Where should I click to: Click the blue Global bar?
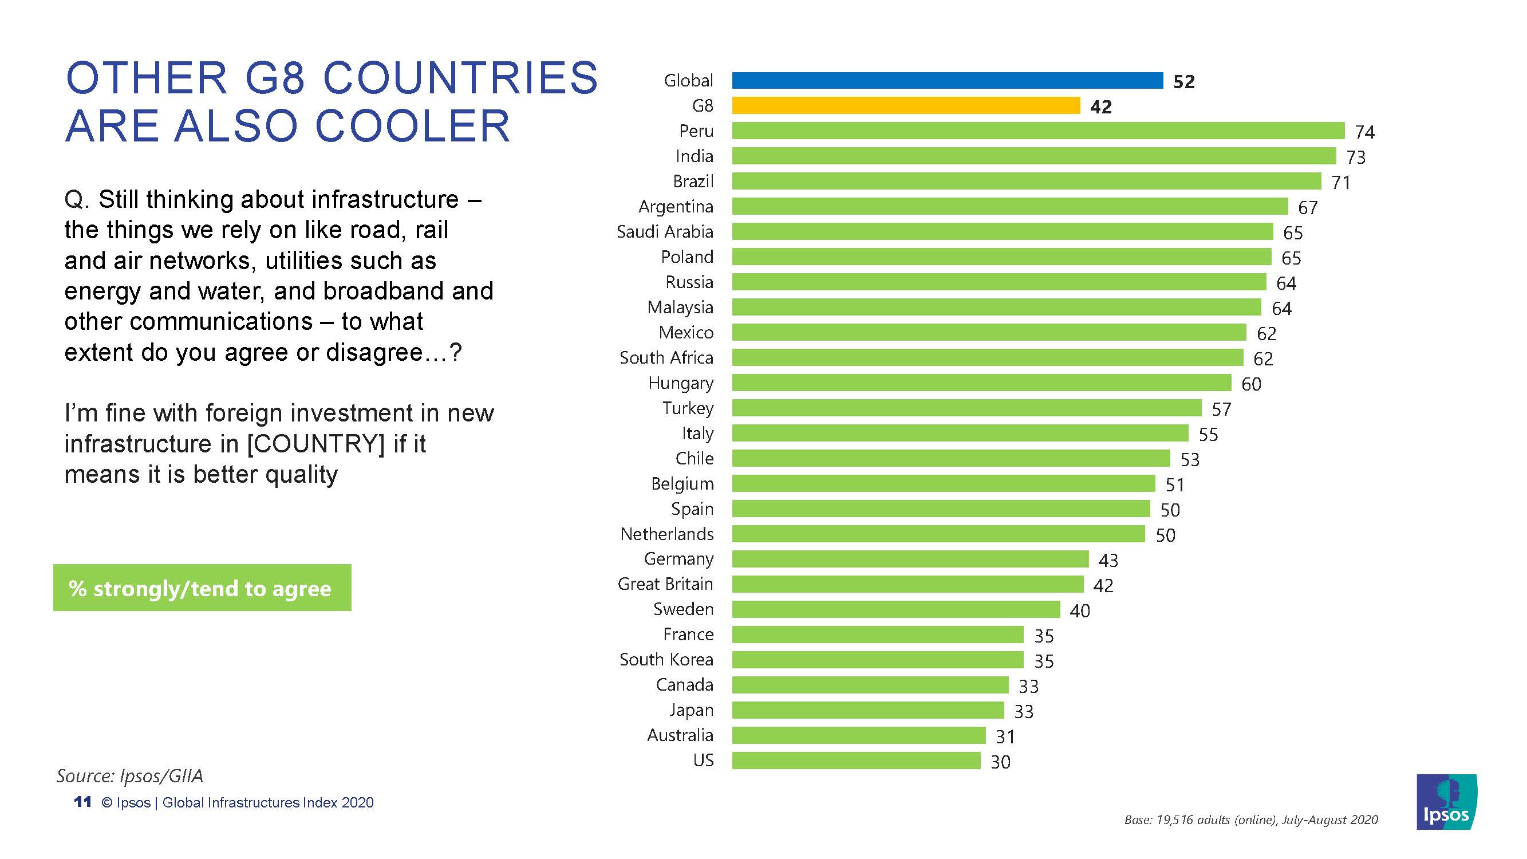[x=946, y=81]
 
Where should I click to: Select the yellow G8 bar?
[x=905, y=105]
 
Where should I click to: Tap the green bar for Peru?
[x=1037, y=131]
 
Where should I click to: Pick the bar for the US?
[x=855, y=760]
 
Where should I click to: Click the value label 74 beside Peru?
[x=1364, y=132]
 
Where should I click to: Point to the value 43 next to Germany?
[x=1108, y=560]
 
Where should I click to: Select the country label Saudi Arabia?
[x=665, y=232]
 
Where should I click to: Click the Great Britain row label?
[x=665, y=584]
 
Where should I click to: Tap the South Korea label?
[x=666, y=659]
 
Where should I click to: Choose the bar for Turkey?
[x=966, y=408]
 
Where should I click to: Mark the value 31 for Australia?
[x=1005, y=736]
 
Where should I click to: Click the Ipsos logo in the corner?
[x=1446, y=802]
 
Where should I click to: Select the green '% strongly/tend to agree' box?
[x=202, y=588]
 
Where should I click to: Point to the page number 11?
[x=82, y=802]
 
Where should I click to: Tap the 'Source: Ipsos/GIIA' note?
[x=130, y=775]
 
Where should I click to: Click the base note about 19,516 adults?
[x=1251, y=820]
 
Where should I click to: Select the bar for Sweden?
[x=895, y=609]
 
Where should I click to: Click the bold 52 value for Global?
[x=1184, y=82]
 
